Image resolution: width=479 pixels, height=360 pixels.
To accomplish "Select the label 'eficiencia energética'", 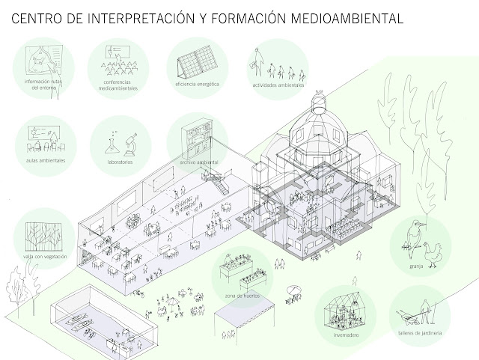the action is (x=197, y=85).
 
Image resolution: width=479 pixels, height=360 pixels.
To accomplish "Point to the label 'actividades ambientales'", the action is (x=278, y=85).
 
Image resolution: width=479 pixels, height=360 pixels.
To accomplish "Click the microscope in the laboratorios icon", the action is (x=128, y=142).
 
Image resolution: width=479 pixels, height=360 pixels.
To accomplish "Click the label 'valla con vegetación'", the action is (x=46, y=257).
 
